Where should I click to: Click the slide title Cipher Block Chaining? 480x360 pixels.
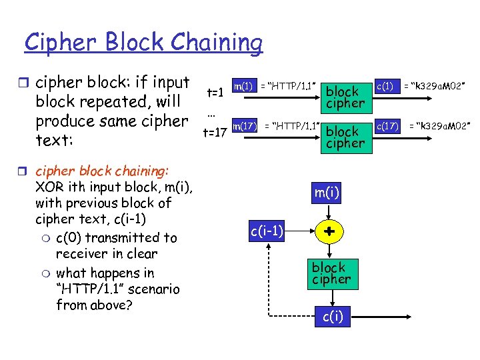click(143, 42)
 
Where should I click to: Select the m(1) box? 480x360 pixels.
click(243, 86)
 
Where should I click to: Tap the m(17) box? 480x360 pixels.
click(244, 125)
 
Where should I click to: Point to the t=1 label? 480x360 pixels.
click(215, 93)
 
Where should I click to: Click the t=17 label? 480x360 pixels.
click(215, 133)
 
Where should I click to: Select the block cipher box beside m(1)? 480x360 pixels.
click(345, 97)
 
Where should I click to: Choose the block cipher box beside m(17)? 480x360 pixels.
click(345, 137)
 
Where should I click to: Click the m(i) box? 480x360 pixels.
click(328, 193)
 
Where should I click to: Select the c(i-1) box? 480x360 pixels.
click(267, 231)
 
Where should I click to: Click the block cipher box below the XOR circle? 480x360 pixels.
click(331, 273)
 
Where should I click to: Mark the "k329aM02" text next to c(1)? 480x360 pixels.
click(438, 86)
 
